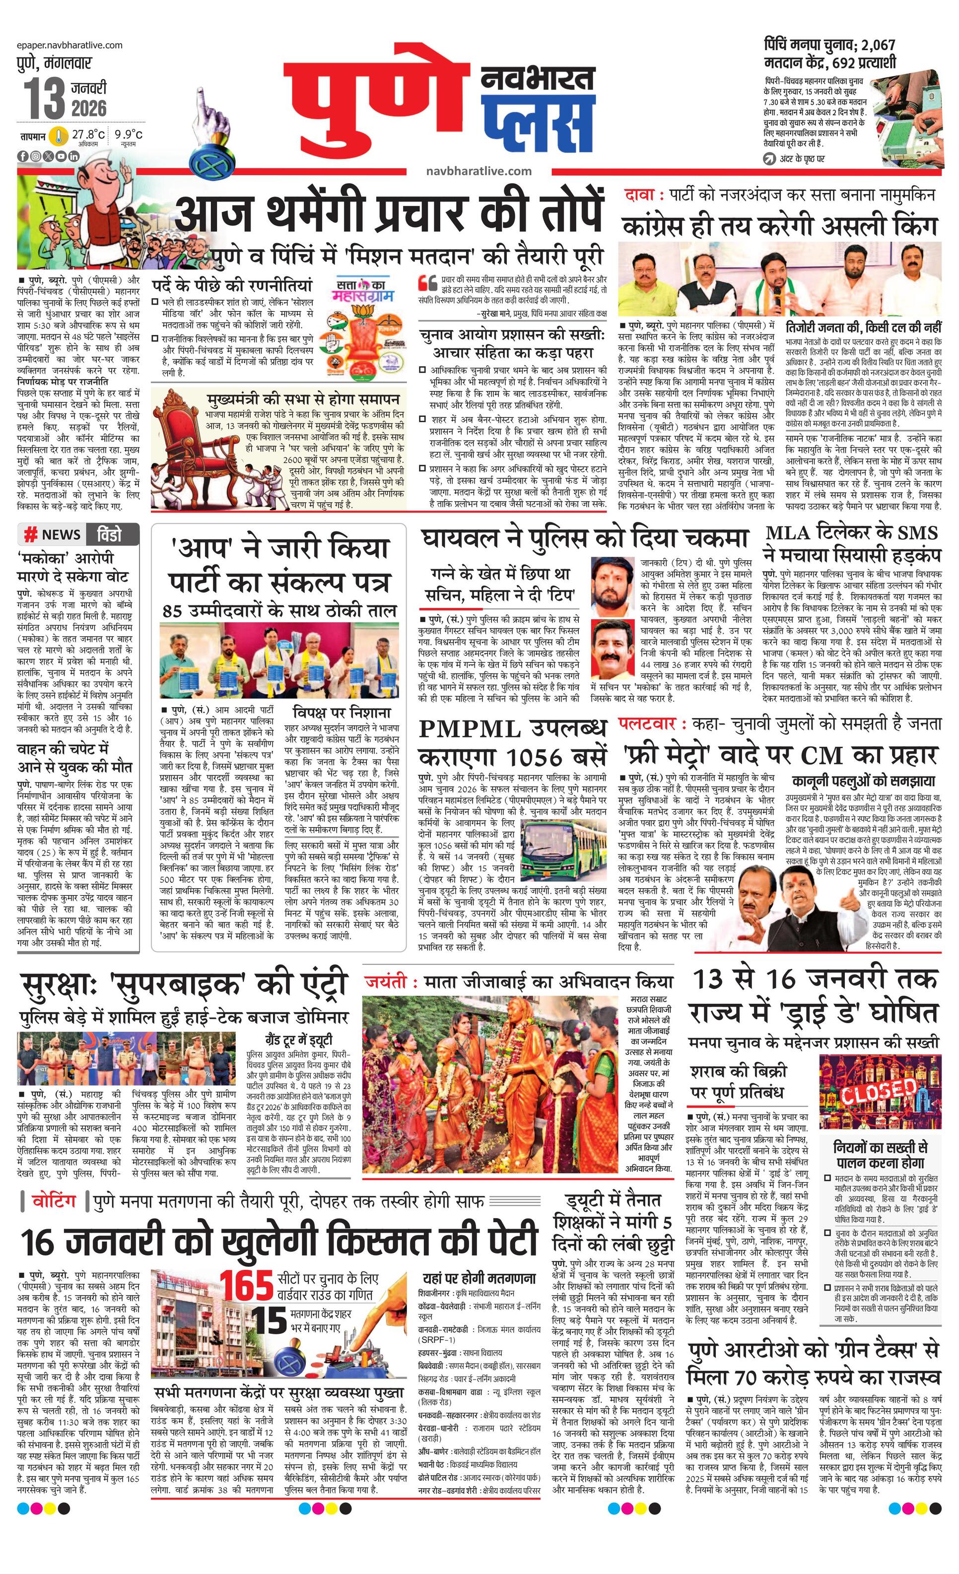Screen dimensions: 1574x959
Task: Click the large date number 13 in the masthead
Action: [45, 97]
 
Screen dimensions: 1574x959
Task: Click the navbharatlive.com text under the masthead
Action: [479, 171]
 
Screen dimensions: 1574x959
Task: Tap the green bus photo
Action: [562, 846]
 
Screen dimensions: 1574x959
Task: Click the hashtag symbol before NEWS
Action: [30, 534]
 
